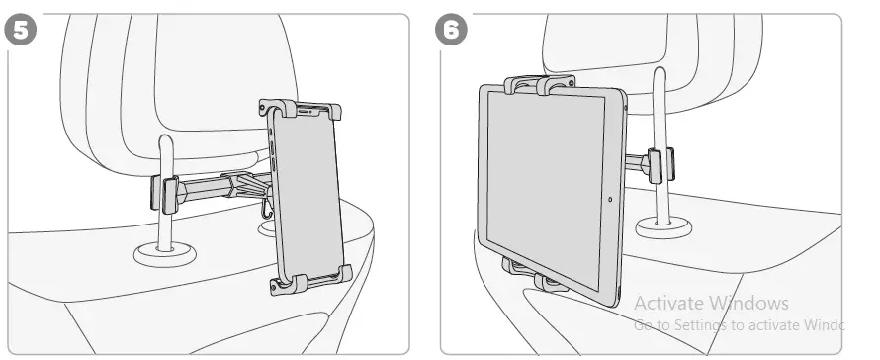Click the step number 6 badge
pyautogui.click(x=451, y=29)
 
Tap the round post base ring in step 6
pyautogui.click(x=663, y=228)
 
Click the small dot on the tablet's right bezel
pyautogui.click(x=610, y=199)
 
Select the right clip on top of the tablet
pyautogui.click(x=557, y=86)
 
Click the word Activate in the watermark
pyautogui.click(x=665, y=303)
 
